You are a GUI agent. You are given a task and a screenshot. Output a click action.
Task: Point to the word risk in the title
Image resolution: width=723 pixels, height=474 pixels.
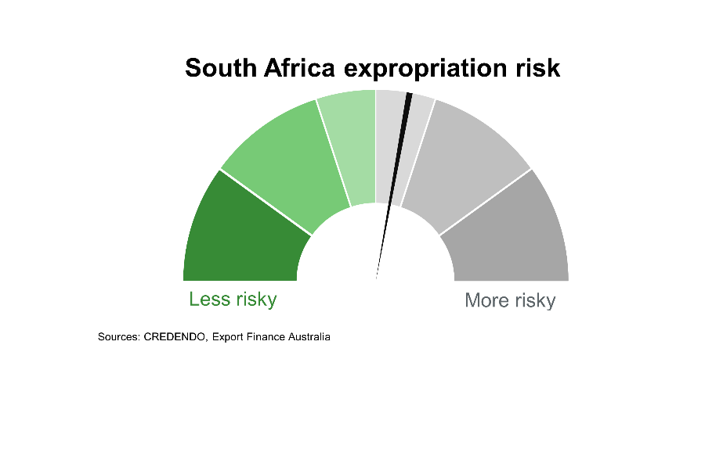[x=537, y=68]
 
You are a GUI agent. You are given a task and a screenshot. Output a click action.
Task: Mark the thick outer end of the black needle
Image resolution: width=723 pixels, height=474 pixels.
[x=408, y=97]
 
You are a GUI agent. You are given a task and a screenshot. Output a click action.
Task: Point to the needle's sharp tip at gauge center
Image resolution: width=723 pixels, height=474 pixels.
[x=377, y=276]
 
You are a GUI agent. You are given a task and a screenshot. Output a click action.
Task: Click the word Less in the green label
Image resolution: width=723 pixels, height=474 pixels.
[x=210, y=299]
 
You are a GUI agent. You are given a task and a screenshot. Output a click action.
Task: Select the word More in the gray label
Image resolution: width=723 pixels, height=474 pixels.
[x=486, y=300]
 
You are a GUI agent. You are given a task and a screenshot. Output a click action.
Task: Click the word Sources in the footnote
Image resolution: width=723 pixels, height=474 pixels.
[x=118, y=337]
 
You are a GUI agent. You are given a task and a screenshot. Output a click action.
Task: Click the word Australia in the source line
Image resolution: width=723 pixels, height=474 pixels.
[x=309, y=337]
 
